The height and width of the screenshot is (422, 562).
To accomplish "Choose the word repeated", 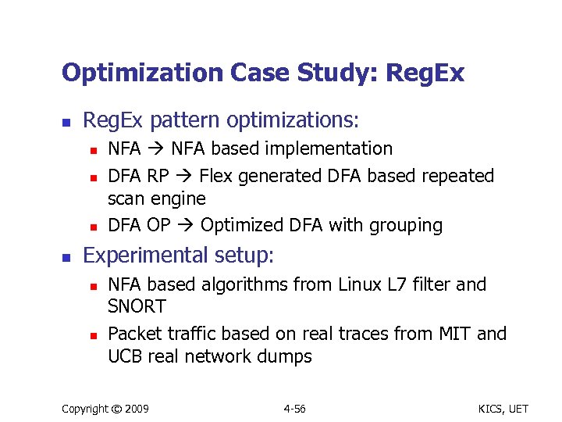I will click(x=458, y=176).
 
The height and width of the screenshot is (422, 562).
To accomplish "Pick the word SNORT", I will click(x=137, y=306).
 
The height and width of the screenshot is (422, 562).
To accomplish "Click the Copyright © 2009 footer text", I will click(x=105, y=409).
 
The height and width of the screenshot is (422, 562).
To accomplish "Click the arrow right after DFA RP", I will click(x=187, y=177).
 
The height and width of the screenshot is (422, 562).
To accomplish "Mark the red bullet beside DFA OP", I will click(x=92, y=227).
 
